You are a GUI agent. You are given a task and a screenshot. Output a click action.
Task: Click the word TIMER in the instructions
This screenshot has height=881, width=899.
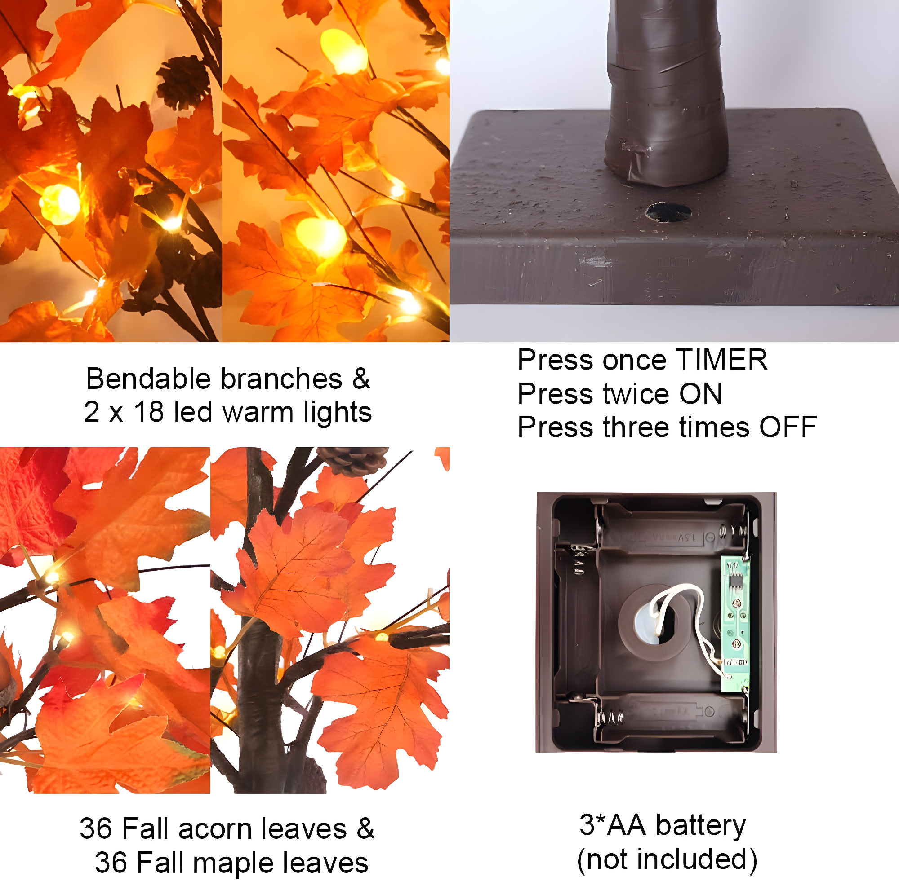pyautogui.click(x=721, y=360)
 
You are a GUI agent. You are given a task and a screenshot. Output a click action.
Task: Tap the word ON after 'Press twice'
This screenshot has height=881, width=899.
pyautogui.click(x=700, y=394)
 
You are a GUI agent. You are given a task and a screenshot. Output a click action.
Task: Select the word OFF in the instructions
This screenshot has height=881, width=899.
pyautogui.click(x=788, y=427)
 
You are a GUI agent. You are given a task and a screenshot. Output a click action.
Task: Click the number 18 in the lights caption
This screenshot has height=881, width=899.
pyautogui.click(x=149, y=411)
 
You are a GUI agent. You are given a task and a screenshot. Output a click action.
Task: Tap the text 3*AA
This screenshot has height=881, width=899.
pyautogui.click(x=613, y=825)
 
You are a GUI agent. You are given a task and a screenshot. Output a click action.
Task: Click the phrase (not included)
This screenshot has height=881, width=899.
pyautogui.click(x=667, y=859)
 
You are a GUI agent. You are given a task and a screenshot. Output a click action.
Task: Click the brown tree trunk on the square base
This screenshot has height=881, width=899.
pyautogui.click(x=665, y=93)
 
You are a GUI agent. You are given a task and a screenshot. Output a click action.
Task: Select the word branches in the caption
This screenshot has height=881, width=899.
pyautogui.click(x=281, y=379)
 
